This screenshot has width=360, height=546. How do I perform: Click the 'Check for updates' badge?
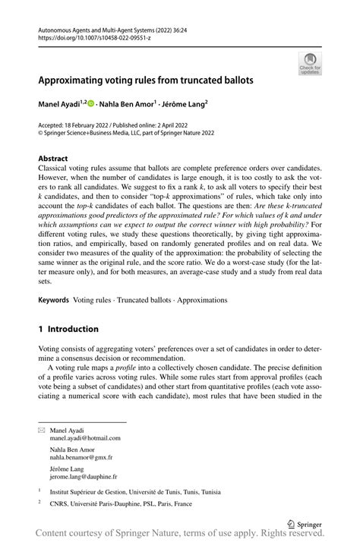[310, 64]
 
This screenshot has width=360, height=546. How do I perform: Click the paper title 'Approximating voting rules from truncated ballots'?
[146, 79]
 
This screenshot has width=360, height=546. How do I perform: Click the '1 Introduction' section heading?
[68, 329]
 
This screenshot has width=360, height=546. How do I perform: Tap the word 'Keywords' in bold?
[53, 300]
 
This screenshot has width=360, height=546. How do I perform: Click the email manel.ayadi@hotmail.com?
[85, 438]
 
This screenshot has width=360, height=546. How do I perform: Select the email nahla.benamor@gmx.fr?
[81, 458]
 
